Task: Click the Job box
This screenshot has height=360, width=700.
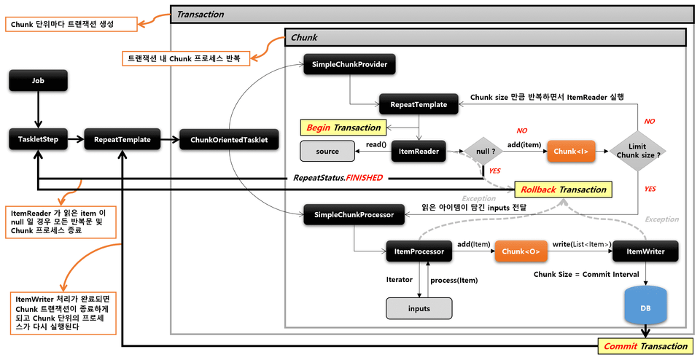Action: (39, 81)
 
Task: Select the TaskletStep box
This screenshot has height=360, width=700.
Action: (39, 139)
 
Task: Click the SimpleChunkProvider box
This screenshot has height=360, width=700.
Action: (349, 65)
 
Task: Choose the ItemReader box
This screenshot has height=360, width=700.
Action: (419, 151)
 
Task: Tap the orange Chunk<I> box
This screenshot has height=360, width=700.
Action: (570, 152)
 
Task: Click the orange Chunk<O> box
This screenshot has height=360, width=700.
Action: (521, 251)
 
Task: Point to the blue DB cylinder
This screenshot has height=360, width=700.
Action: (645, 307)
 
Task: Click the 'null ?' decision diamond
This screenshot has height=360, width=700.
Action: (483, 152)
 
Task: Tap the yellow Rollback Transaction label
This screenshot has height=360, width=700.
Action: (562, 189)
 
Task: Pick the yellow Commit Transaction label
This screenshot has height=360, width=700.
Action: (643, 346)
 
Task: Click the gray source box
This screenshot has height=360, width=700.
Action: (327, 152)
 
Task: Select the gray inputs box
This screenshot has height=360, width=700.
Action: (419, 308)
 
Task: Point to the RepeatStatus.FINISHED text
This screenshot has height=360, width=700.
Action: (338, 177)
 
